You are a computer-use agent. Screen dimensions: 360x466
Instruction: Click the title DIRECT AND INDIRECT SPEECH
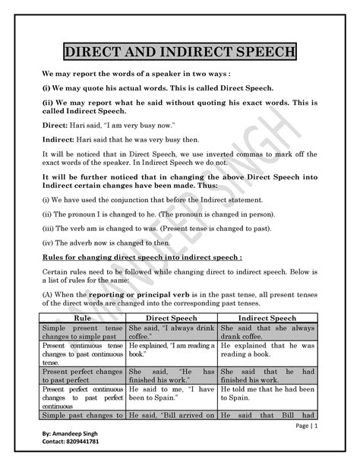180,53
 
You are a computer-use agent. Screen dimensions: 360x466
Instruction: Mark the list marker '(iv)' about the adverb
47,241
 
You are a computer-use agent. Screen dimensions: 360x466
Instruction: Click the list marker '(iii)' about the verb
47,227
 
